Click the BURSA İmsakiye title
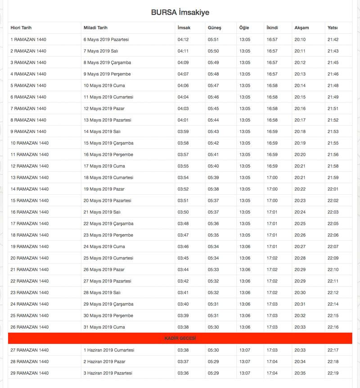coord(180,13)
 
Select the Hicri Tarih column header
coord(21,28)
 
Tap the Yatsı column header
coord(333,28)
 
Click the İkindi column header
coord(272,28)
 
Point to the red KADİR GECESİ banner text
coord(180,338)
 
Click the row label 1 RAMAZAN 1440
coord(28,40)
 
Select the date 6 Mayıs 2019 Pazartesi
coord(106,40)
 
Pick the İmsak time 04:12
coord(183,40)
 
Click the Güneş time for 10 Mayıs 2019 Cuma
coord(213,85)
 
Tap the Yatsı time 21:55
coord(333,143)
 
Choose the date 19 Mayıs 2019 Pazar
coord(104,189)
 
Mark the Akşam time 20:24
coord(300,212)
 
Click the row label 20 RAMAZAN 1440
coord(30,258)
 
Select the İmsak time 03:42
coord(183,281)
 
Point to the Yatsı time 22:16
coord(333,327)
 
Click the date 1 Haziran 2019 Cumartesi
coord(109,350)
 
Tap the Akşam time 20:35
coord(300,373)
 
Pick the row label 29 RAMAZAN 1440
coord(30,373)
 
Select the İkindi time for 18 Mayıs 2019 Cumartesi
coord(272,178)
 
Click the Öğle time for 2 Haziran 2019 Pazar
coord(245,361)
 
